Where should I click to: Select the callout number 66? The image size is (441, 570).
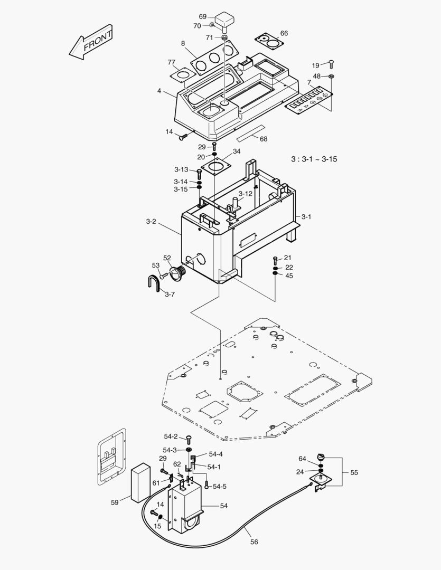click(284, 33)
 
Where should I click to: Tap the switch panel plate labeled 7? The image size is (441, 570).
click(309, 100)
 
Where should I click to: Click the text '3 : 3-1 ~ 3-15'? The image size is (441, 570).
click(314, 159)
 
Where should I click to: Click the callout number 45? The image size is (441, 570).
click(289, 275)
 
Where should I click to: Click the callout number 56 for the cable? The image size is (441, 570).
click(254, 541)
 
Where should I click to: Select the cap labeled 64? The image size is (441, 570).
click(320, 457)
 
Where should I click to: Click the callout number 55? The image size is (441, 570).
click(354, 472)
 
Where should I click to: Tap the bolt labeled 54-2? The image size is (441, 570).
click(189, 440)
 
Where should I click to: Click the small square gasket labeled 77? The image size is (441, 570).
click(182, 74)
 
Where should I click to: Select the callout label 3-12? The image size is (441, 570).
click(245, 194)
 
